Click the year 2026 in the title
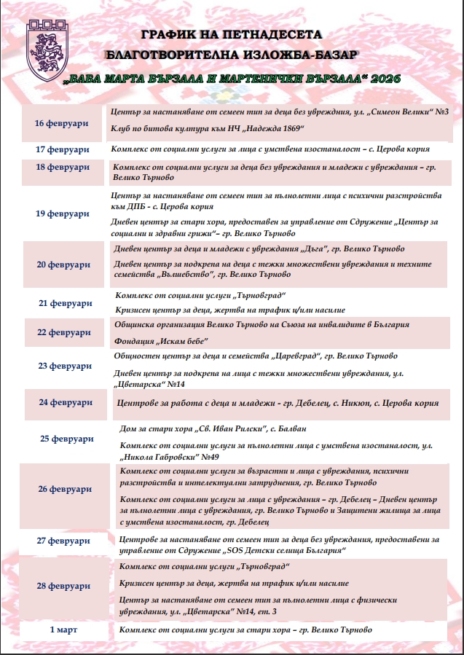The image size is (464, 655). click(386, 77)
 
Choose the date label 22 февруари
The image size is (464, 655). click(63, 332)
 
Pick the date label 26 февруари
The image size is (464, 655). click(64, 489)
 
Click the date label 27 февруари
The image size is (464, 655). click(63, 541)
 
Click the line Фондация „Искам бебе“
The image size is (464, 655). click(162, 342)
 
